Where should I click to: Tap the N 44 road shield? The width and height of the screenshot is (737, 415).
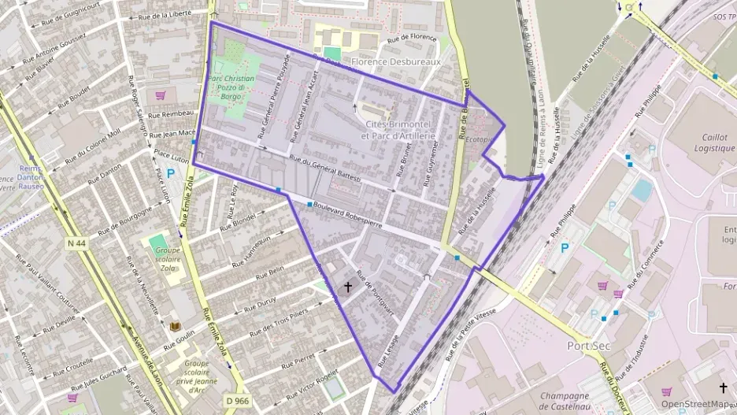[x=76, y=244]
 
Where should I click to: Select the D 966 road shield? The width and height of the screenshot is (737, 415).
[x=237, y=401]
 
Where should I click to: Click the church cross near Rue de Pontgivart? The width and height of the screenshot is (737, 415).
[x=348, y=288]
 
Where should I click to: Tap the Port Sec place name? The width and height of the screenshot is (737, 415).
[x=590, y=346]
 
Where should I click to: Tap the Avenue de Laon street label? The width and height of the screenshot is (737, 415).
[x=147, y=371]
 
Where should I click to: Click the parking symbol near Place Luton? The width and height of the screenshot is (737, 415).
[x=170, y=173]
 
